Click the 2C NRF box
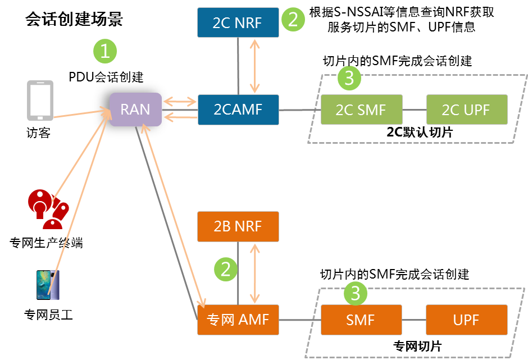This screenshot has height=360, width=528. coord(238,22)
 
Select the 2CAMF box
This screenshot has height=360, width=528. coord(238,110)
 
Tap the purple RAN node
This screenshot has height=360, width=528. coord(135,110)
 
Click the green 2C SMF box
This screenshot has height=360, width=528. coord(361,110)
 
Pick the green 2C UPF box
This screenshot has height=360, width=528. coord(466,110)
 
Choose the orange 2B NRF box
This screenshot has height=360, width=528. coord(238,226)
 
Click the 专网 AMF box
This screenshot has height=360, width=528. coord(238,320)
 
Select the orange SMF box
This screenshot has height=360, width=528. coord(361,320)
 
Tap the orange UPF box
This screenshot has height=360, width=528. coord(466,320)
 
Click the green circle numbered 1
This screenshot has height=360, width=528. coord(105,52)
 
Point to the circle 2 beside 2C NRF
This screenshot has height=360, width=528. coord(293,20)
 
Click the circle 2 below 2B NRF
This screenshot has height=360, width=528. coord(226,270)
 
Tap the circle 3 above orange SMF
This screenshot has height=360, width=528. coord(355,293)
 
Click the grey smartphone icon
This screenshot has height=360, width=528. coord(40,101)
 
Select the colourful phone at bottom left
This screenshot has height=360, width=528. coord(48,285)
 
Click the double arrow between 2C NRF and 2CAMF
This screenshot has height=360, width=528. coord(256,66)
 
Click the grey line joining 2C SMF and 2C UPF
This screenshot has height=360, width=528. coord(414,110)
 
